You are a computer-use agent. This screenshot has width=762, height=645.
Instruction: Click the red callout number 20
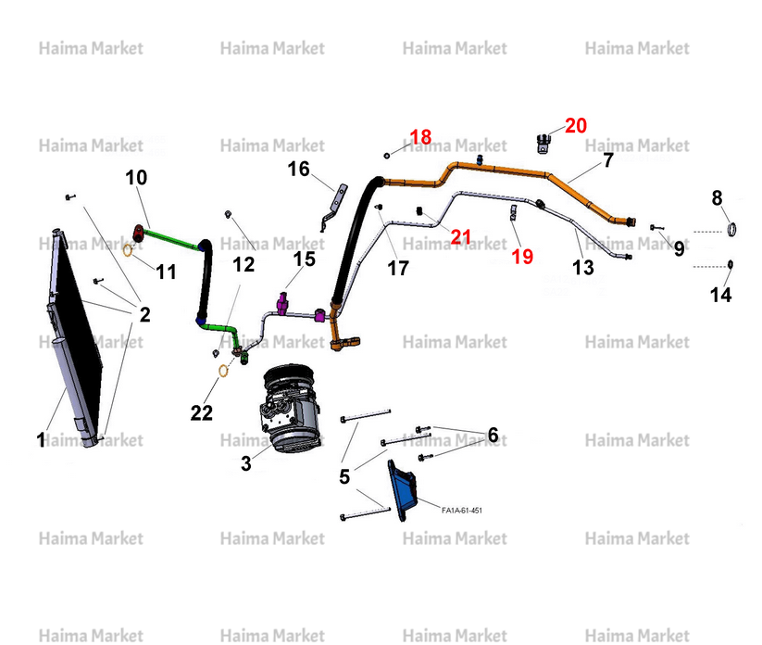(576, 125)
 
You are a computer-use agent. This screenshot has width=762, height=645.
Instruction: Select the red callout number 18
(420, 136)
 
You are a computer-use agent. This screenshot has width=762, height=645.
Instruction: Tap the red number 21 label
(460, 237)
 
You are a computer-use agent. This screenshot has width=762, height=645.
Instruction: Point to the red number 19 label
(522, 257)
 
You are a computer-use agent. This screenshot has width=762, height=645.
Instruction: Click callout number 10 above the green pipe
(136, 178)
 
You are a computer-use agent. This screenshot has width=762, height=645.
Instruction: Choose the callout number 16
(298, 169)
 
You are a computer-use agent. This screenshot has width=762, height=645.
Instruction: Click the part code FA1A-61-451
(462, 511)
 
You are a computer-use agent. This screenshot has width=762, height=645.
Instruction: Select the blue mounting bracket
(403, 490)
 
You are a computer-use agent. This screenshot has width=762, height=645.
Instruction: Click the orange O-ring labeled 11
(128, 250)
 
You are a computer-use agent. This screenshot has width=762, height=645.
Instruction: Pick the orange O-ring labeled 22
(223, 371)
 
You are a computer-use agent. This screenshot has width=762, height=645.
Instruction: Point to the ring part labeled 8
(731, 229)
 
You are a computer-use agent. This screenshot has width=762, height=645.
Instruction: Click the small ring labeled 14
(730, 264)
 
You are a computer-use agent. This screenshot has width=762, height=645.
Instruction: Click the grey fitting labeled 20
(543, 144)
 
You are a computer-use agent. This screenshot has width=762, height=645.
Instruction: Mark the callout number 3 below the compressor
(246, 463)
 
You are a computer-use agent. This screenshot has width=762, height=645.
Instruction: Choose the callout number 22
(202, 413)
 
